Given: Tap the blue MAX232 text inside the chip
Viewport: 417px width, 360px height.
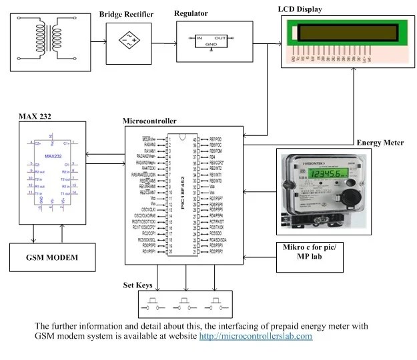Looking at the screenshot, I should point(53,156).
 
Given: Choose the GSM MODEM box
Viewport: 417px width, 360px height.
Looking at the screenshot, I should point(53,257).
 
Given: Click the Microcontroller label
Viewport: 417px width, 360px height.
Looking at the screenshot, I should point(150,121).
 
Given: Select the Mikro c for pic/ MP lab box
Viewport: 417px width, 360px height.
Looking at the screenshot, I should point(311,255).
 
